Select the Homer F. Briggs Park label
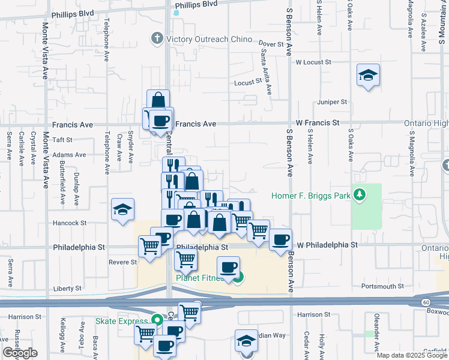coord(312,195)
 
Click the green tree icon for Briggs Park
coord(360,194)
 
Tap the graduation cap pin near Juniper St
coord(368,76)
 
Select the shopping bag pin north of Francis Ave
coord(158,100)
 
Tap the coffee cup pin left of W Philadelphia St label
coord(280,240)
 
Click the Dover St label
coord(271,44)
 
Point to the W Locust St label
coord(313,62)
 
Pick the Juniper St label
coord(333,102)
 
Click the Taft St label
coord(62,140)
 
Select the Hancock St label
coord(71,223)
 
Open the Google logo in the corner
coord(20,353)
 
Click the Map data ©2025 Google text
coord(412,355)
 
